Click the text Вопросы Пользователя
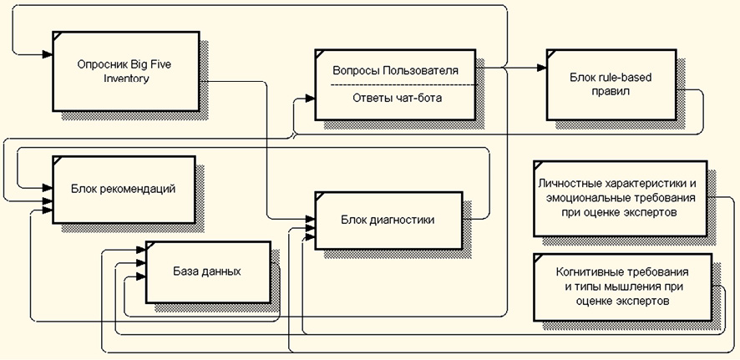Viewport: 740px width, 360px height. pos(395,71)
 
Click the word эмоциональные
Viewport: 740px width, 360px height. pos(585,198)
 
